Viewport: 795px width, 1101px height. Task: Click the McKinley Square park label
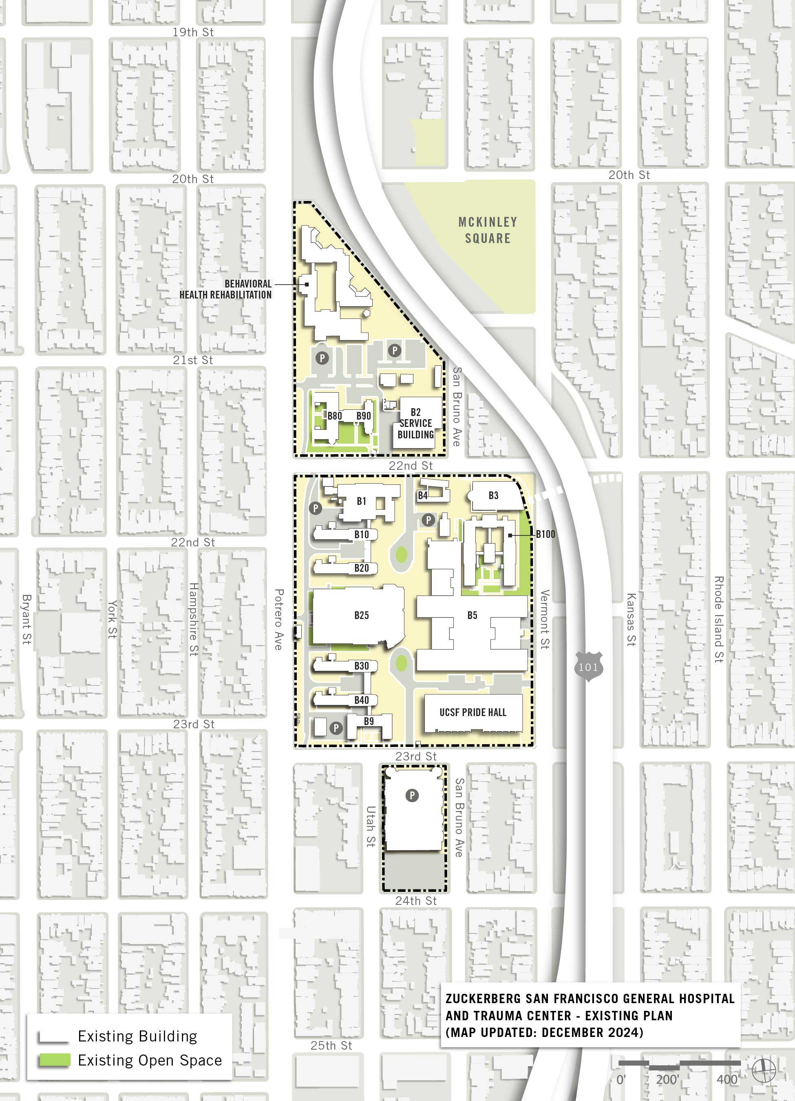[x=487, y=230]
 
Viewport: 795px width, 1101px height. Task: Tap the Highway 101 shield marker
[x=588, y=667]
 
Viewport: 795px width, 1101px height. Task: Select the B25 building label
[x=361, y=615]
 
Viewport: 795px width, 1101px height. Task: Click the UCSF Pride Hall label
[x=473, y=712]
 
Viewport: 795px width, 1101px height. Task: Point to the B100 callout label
[x=545, y=534]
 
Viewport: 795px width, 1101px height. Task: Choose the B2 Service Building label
[x=415, y=423]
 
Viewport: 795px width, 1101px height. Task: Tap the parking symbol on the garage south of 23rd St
[x=412, y=795]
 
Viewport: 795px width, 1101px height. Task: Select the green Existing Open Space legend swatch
[x=54, y=1060]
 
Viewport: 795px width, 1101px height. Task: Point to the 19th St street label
[x=193, y=33]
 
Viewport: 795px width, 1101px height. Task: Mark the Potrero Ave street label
[x=278, y=619]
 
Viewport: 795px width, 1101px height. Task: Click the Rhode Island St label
[x=719, y=619]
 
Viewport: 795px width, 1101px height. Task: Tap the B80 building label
[x=334, y=416]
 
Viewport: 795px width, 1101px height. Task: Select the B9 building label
[x=369, y=721]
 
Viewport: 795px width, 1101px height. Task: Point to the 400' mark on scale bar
[x=728, y=1080]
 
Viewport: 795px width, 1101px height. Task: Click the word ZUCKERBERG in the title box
[x=484, y=999]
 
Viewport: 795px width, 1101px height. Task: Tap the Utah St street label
[x=371, y=826]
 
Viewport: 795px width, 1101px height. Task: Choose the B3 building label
[x=493, y=495]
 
